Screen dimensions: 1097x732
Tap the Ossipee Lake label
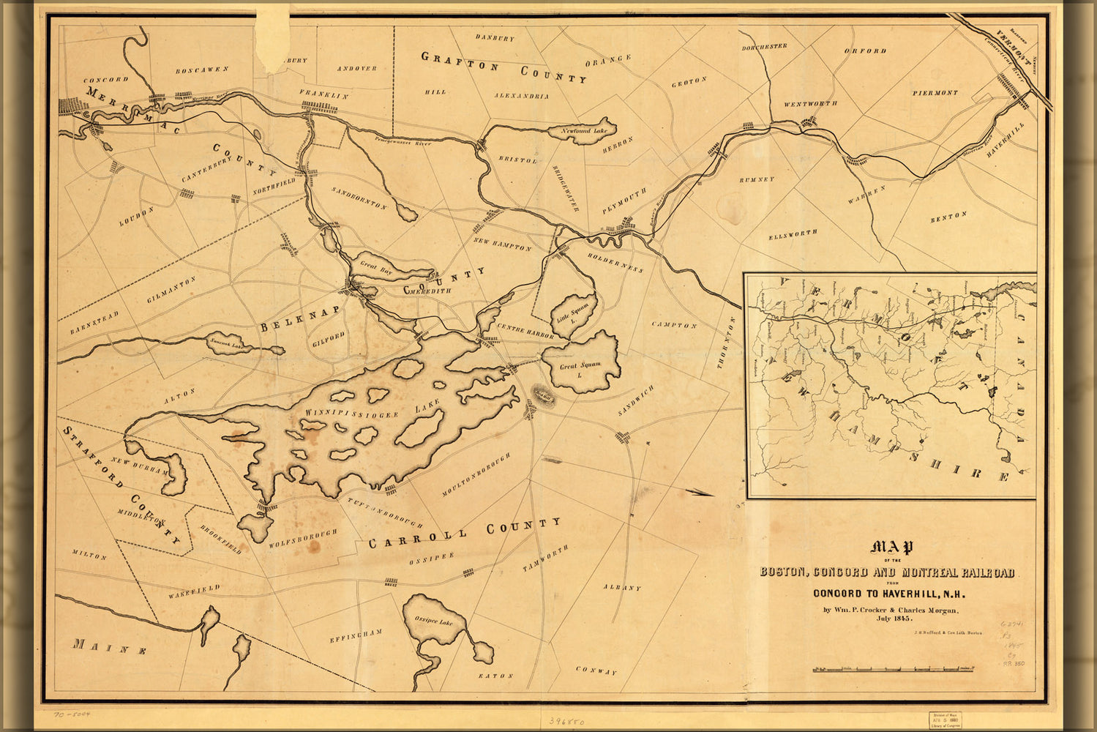coord(435,621)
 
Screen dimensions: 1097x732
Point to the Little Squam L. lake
coord(574,313)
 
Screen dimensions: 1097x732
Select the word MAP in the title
coord(891,548)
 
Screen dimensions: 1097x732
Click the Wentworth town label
coord(810,104)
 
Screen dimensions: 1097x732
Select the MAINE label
coord(110,646)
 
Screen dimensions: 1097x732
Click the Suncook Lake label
coord(226,343)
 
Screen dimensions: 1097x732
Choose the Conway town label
coord(596,670)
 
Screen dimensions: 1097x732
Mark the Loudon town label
coord(138,216)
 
